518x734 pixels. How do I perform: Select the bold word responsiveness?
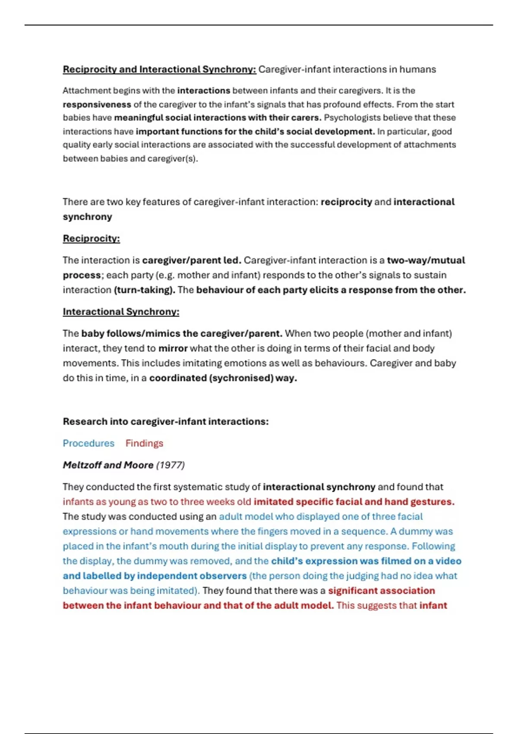tap(97, 104)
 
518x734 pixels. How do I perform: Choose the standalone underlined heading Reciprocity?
tap(91, 238)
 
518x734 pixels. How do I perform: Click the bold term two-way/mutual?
tap(426, 260)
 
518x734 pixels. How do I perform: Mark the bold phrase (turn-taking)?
tap(145, 290)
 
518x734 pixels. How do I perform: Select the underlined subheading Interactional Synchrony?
tap(121, 312)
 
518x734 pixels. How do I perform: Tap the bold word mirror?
tap(173, 348)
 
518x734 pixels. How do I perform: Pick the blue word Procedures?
tap(88, 443)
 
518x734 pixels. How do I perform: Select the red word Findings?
tap(144, 443)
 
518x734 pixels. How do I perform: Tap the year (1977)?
tap(170, 465)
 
